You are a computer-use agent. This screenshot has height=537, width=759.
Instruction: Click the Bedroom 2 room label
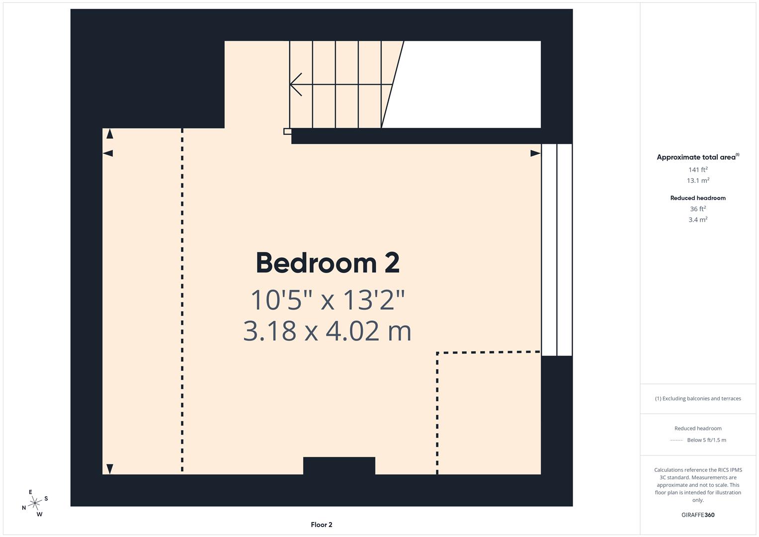click(328, 263)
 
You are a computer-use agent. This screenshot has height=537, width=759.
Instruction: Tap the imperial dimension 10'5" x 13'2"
click(328, 300)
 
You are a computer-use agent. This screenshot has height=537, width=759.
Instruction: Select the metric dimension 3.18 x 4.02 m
click(328, 331)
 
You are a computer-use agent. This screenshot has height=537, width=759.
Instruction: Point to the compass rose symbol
click(35, 503)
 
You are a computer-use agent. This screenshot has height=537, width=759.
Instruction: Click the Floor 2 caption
click(322, 525)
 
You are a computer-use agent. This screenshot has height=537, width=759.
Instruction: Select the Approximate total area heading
click(697, 157)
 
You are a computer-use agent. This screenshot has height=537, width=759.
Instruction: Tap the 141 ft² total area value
click(698, 170)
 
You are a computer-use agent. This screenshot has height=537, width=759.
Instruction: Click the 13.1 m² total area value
click(698, 180)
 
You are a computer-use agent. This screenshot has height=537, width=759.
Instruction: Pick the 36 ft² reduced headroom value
click(698, 209)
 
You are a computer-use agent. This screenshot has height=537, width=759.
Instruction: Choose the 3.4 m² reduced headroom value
click(698, 219)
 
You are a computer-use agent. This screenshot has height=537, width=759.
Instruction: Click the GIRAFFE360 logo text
click(698, 515)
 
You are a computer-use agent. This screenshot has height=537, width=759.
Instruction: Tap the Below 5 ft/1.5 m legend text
click(706, 440)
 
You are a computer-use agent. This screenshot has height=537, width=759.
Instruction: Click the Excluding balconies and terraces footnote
click(698, 398)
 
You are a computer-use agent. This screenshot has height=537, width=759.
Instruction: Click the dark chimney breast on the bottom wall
click(339, 466)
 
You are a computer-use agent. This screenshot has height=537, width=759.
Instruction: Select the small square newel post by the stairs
click(287, 131)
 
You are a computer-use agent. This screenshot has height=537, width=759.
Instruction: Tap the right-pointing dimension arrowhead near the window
click(535, 153)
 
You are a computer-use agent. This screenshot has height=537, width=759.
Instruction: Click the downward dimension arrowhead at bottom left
click(110, 469)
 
